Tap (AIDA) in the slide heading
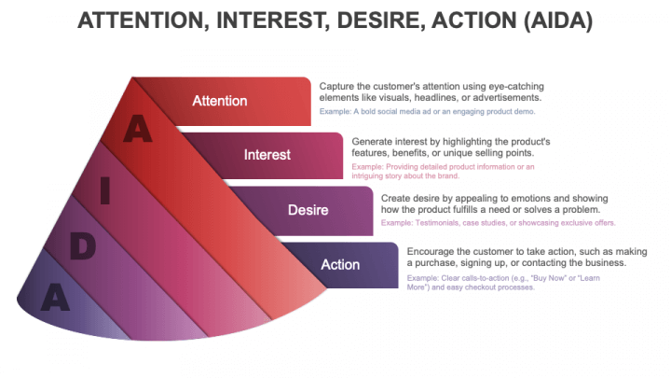tap(558, 21)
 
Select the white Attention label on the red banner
tap(220, 101)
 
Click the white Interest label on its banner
tap(267, 155)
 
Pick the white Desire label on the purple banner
tap(308, 210)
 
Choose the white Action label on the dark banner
tap(340, 264)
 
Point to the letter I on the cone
tap(104, 190)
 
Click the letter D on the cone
tap(83, 246)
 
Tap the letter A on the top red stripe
tap(137, 128)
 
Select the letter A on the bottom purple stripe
tap(55, 297)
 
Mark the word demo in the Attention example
tap(526, 111)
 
